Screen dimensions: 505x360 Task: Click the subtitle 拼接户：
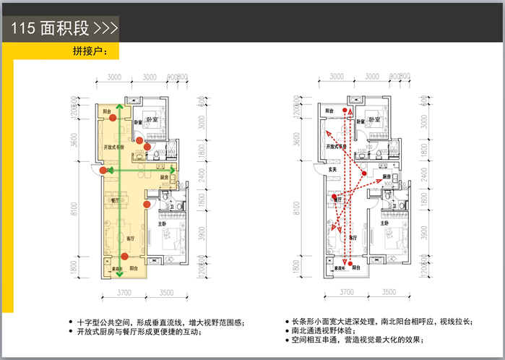point(90,52)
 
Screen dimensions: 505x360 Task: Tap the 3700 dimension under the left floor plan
point(123,292)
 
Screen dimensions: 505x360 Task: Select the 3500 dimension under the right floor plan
point(389,292)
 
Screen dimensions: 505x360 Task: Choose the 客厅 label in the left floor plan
point(131,238)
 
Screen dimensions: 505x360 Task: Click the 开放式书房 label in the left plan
point(114,147)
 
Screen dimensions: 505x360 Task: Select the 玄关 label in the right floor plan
point(333,171)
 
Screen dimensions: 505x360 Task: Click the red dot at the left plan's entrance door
point(103,171)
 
